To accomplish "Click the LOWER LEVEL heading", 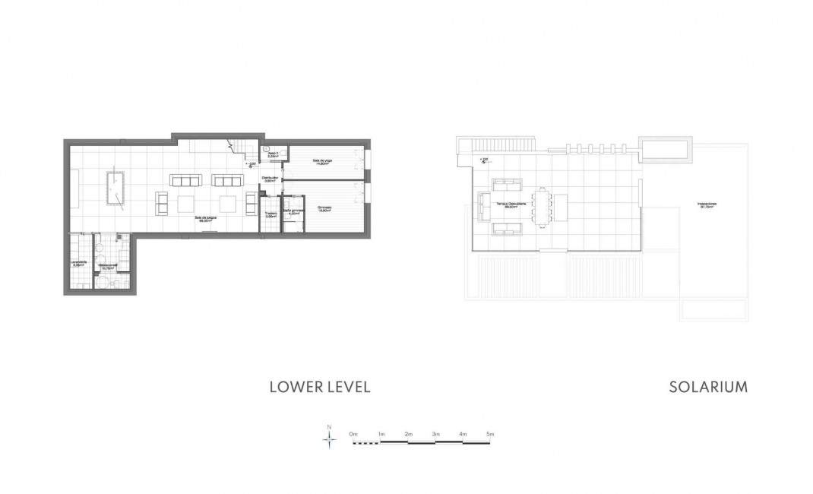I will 320,388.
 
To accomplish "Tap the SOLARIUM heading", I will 708,388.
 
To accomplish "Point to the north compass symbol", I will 329,439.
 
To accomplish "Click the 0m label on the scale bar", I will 353,433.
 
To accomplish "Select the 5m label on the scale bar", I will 490,433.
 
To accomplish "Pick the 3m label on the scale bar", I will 435,433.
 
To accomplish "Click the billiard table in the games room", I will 117,187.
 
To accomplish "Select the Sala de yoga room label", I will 323,162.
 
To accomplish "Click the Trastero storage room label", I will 270,214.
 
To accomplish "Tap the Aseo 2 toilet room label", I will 273,155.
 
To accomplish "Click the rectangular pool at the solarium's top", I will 666,149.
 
